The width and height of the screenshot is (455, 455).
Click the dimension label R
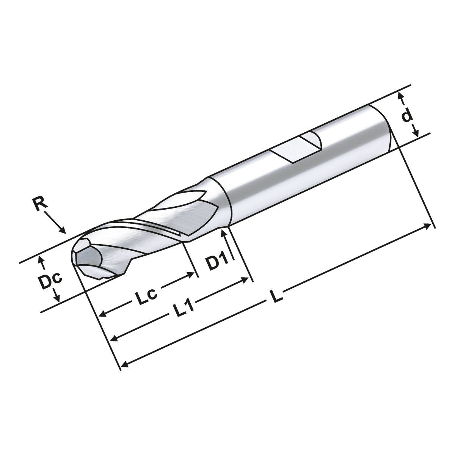40,205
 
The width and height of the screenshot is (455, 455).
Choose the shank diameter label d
407,115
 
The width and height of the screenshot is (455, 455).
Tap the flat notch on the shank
298,147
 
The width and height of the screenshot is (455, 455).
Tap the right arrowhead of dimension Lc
191,274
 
